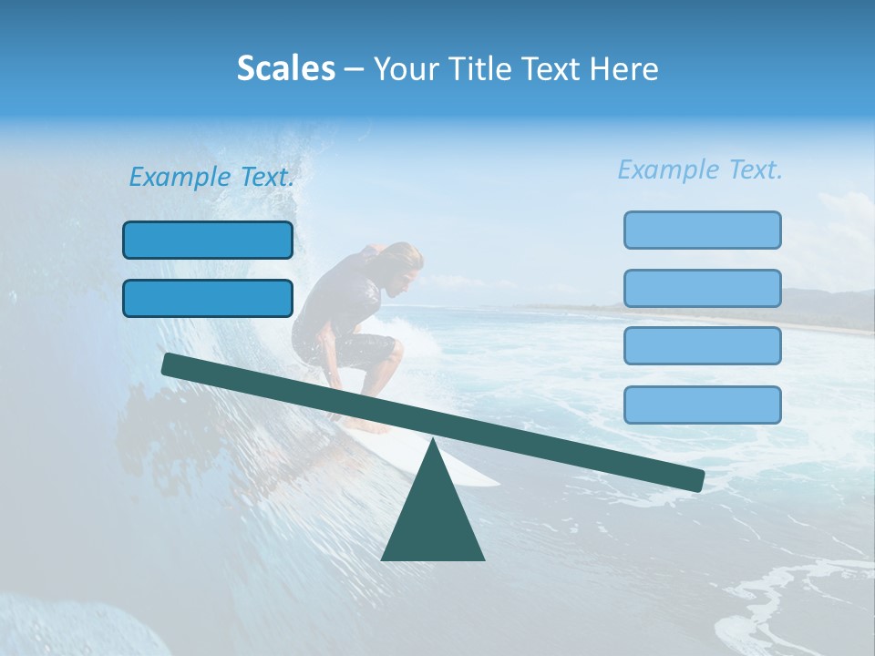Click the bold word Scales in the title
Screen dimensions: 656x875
click(285, 68)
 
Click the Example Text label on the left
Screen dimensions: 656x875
click(211, 177)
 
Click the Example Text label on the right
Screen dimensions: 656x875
click(700, 169)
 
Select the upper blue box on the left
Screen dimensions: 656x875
click(208, 240)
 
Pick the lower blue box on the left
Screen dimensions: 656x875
click(208, 298)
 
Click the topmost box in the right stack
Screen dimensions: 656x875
click(702, 230)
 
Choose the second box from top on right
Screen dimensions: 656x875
click(702, 288)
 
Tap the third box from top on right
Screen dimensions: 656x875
click(702, 345)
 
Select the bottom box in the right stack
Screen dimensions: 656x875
click(702, 405)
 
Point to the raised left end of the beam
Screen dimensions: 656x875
click(173, 364)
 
